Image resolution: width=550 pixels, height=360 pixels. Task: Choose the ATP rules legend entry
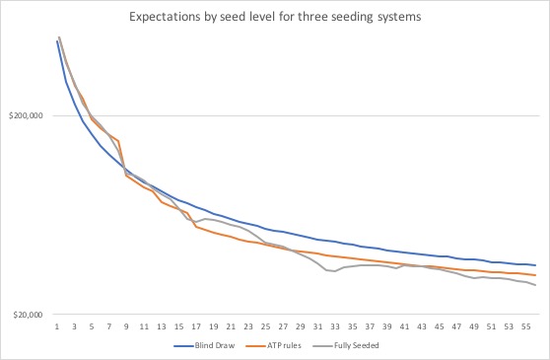[x=280, y=345]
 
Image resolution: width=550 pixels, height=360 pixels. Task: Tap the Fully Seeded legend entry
[x=352, y=345]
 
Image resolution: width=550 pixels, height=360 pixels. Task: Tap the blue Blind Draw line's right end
[x=535, y=265]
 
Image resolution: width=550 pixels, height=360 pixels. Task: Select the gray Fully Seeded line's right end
[x=535, y=285]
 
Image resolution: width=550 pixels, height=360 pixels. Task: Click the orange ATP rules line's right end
[x=535, y=275]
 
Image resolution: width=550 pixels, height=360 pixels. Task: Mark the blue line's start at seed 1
[x=57, y=41]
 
